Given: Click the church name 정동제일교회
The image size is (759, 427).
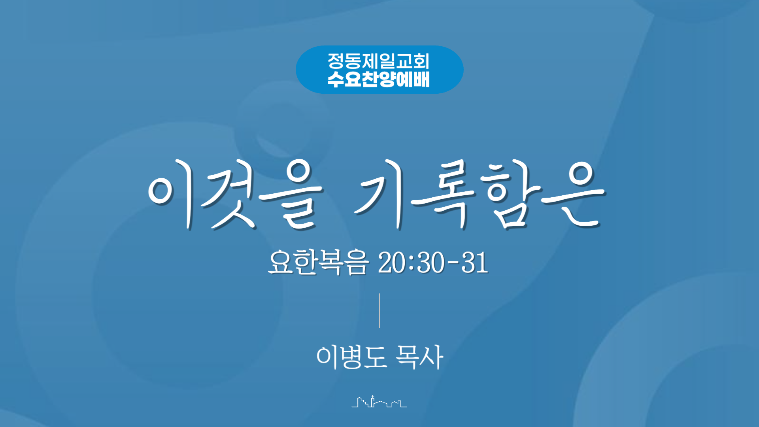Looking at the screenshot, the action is [x=379, y=61].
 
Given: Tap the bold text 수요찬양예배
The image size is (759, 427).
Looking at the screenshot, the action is [x=379, y=79].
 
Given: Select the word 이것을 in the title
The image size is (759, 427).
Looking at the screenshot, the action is [x=236, y=195].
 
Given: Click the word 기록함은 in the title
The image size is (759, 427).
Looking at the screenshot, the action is [x=480, y=195].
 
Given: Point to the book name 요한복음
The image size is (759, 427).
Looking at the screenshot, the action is [x=319, y=262].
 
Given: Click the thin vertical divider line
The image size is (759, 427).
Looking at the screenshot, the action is [x=379, y=310].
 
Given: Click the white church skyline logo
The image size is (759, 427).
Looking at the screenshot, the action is [x=379, y=401].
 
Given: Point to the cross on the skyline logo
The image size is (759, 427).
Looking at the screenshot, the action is [x=372, y=397].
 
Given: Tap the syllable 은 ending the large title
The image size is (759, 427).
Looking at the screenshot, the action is [x=573, y=195].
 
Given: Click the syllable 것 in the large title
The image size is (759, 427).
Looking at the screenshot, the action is [x=229, y=195].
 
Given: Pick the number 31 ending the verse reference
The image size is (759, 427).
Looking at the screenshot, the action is [x=475, y=263].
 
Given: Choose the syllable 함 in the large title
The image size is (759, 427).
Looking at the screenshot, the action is [x=510, y=195].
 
